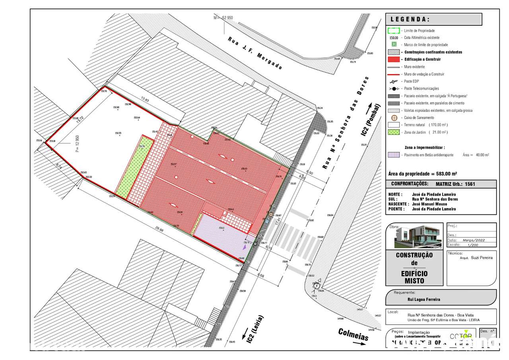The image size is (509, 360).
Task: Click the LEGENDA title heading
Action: (x=410, y=19)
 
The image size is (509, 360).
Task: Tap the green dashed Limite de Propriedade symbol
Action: (x=393, y=30)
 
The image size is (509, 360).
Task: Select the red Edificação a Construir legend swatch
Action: (x=393, y=59)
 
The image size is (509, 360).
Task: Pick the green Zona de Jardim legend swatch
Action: (x=393, y=132)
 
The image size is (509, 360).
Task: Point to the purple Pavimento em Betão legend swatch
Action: (x=393, y=155)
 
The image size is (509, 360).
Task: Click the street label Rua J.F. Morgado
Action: (x=254, y=53)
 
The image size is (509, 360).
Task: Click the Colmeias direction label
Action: (x=354, y=335)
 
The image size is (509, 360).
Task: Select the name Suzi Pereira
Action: (x=481, y=257)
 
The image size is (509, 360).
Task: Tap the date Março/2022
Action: (x=473, y=240)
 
